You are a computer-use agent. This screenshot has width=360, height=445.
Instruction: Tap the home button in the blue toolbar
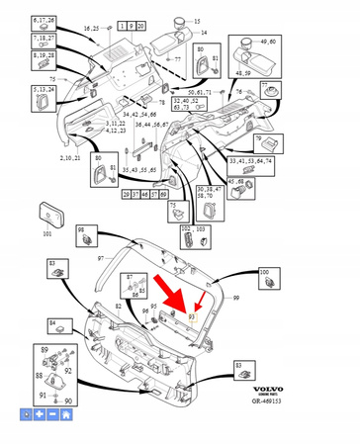coord(65,416)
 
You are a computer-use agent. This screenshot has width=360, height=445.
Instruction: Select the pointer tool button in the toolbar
coord(27,416)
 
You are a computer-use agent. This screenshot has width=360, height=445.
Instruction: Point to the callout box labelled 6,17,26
coord(45,20)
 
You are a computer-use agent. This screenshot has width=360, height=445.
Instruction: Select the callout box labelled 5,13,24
coord(45,96)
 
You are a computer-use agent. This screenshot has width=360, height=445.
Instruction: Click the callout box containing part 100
coord(264,276)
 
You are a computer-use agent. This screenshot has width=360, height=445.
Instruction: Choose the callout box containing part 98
coord(88,235)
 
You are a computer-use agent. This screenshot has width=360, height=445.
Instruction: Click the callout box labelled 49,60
coord(241,45)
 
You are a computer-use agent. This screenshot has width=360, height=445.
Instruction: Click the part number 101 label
coord(46,234)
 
